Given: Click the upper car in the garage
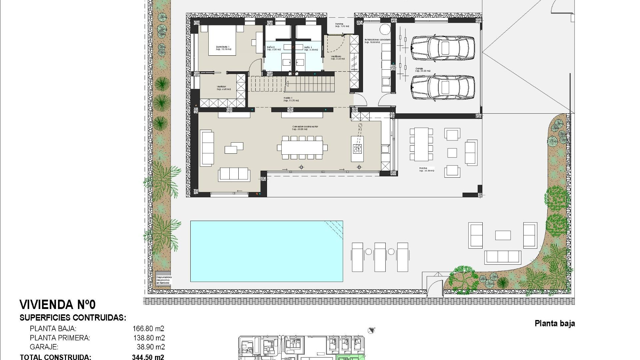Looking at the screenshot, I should [442, 48].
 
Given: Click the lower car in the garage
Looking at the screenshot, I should [442, 88].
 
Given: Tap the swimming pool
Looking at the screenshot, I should [266, 251].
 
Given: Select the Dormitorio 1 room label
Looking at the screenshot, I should [223, 48].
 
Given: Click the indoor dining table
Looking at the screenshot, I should [302, 147].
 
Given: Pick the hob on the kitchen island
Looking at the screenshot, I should [357, 149].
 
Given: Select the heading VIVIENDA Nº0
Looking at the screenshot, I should [57, 305].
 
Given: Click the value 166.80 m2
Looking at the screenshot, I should [148, 329].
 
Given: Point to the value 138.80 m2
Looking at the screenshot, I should [149, 338].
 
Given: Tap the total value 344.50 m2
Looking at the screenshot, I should [148, 357].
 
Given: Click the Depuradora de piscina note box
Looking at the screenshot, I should [164, 279].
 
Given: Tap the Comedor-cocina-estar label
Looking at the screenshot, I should [305, 127].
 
